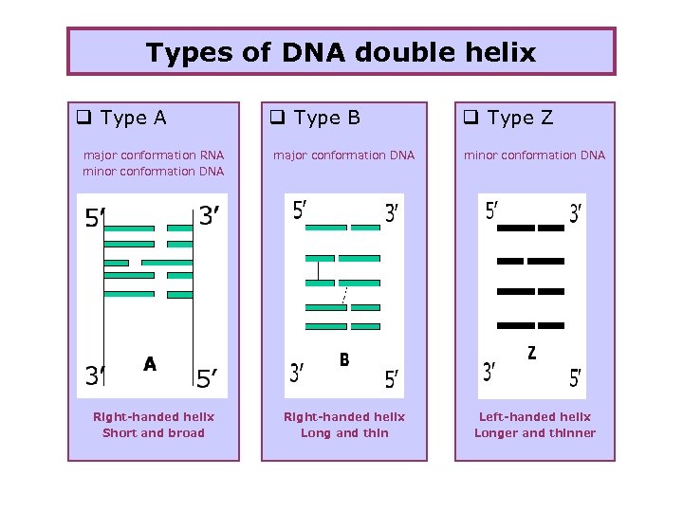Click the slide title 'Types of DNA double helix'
pos(341,52)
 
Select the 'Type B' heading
pos(326,119)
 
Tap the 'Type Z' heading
pos(519,119)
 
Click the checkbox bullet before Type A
pos(83,119)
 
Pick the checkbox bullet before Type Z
pos(470,119)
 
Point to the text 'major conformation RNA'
pos(154,155)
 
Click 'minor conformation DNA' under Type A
pos(154,172)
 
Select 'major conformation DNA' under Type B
pos(344,155)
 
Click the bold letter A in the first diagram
pos(150,363)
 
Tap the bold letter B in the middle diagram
pos(344,359)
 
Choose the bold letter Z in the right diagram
pos(531,353)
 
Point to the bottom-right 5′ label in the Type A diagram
pos(210,379)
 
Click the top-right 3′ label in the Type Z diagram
pos(576,214)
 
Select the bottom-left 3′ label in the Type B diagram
pos(297,374)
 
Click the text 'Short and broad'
pos(154,433)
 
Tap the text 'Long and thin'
pos(344,433)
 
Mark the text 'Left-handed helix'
pos(535,417)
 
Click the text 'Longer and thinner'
pos(535,433)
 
